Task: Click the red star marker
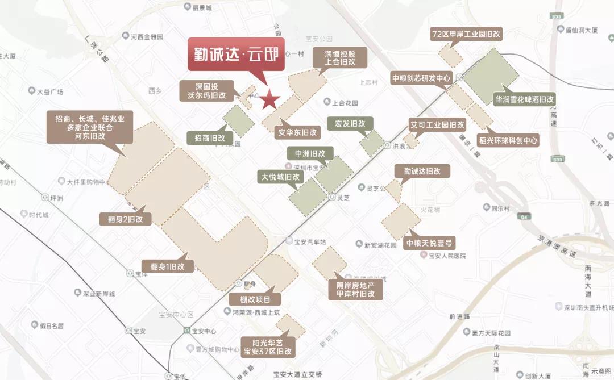[269, 101]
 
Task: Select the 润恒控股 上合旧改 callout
[340, 57]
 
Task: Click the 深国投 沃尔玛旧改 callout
[203, 91]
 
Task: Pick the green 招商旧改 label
[209, 137]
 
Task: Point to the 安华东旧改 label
[297, 132]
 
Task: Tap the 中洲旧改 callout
[310, 153]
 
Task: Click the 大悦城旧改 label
[280, 177]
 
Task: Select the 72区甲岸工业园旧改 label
[467, 34]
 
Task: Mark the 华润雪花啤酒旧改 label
[524, 99]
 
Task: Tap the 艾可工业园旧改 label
[437, 124]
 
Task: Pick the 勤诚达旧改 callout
[422, 171]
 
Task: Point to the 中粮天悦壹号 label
[431, 243]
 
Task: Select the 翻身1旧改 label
[168, 266]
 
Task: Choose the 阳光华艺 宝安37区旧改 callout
[267, 347]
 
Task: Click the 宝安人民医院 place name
[446, 256]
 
